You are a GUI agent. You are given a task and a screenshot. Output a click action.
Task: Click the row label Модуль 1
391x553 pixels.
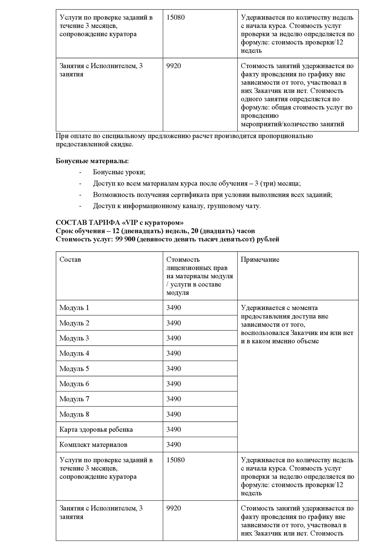coord(74,308)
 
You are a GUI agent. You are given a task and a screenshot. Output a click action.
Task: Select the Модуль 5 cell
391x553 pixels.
coord(74,369)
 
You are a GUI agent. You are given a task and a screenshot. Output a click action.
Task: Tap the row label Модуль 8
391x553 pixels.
coord(74,414)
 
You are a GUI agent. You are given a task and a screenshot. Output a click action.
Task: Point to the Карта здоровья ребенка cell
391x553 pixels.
coord(96,429)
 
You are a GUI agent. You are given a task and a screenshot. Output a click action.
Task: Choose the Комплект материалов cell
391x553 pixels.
coord(93,444)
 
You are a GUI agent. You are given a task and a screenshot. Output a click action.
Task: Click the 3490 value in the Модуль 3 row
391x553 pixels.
coord(174,338)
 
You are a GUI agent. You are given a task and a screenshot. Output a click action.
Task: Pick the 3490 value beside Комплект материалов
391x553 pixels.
coord(174,444)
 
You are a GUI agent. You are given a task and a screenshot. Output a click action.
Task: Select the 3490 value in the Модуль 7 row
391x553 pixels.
coord(174,399)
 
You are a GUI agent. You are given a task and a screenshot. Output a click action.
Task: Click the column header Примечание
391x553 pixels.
coord(260,260)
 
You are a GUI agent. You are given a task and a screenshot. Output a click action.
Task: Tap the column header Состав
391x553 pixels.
coord(70,260)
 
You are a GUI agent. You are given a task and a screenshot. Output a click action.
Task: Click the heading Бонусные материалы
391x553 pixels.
coord(92,161)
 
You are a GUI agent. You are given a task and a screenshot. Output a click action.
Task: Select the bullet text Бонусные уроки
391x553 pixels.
coord(119,172)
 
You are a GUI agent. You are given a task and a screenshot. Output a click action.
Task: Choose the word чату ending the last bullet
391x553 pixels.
coord(253,206)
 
